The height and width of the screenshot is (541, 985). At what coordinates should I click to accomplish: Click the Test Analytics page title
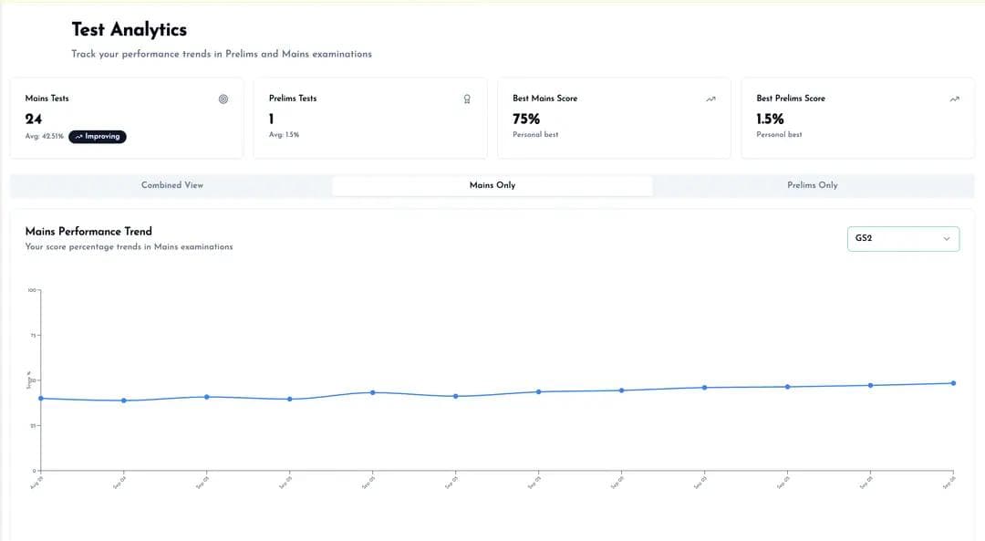pos(129,30)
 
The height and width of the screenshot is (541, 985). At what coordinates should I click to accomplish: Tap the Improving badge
pos(98,137)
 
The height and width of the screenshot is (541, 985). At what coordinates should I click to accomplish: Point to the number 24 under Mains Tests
pos(34,119)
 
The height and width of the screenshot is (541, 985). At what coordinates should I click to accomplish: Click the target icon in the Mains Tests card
pos(223,99)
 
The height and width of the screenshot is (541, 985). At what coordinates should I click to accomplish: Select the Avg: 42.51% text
pos(45,137)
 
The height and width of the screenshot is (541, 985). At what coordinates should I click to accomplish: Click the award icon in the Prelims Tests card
pos(467,99)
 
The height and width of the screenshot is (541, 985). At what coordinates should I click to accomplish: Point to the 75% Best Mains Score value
pos(526,119)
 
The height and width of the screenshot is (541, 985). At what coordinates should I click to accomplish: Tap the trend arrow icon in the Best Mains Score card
pos(710,99)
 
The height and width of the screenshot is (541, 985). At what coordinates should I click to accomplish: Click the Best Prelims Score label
pos(790,99)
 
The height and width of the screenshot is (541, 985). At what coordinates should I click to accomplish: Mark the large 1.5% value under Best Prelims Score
pos(770,119)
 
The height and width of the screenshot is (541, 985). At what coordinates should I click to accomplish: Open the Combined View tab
pos(172,185)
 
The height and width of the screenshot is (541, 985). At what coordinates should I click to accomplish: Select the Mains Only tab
pos(493,185)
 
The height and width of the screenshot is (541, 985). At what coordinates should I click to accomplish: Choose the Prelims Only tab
pos(812,185)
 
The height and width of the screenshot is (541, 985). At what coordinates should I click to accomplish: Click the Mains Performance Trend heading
pos(88,232)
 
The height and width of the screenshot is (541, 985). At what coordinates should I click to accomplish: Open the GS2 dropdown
pos(903,239)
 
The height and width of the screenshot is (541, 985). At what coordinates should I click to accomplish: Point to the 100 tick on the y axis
pos(32,291)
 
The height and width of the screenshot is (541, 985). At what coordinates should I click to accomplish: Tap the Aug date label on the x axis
pos(37,484)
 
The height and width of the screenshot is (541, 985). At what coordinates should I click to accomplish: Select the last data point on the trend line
pos(953,383)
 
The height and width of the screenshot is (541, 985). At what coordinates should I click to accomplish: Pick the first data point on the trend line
pos(41,398)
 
